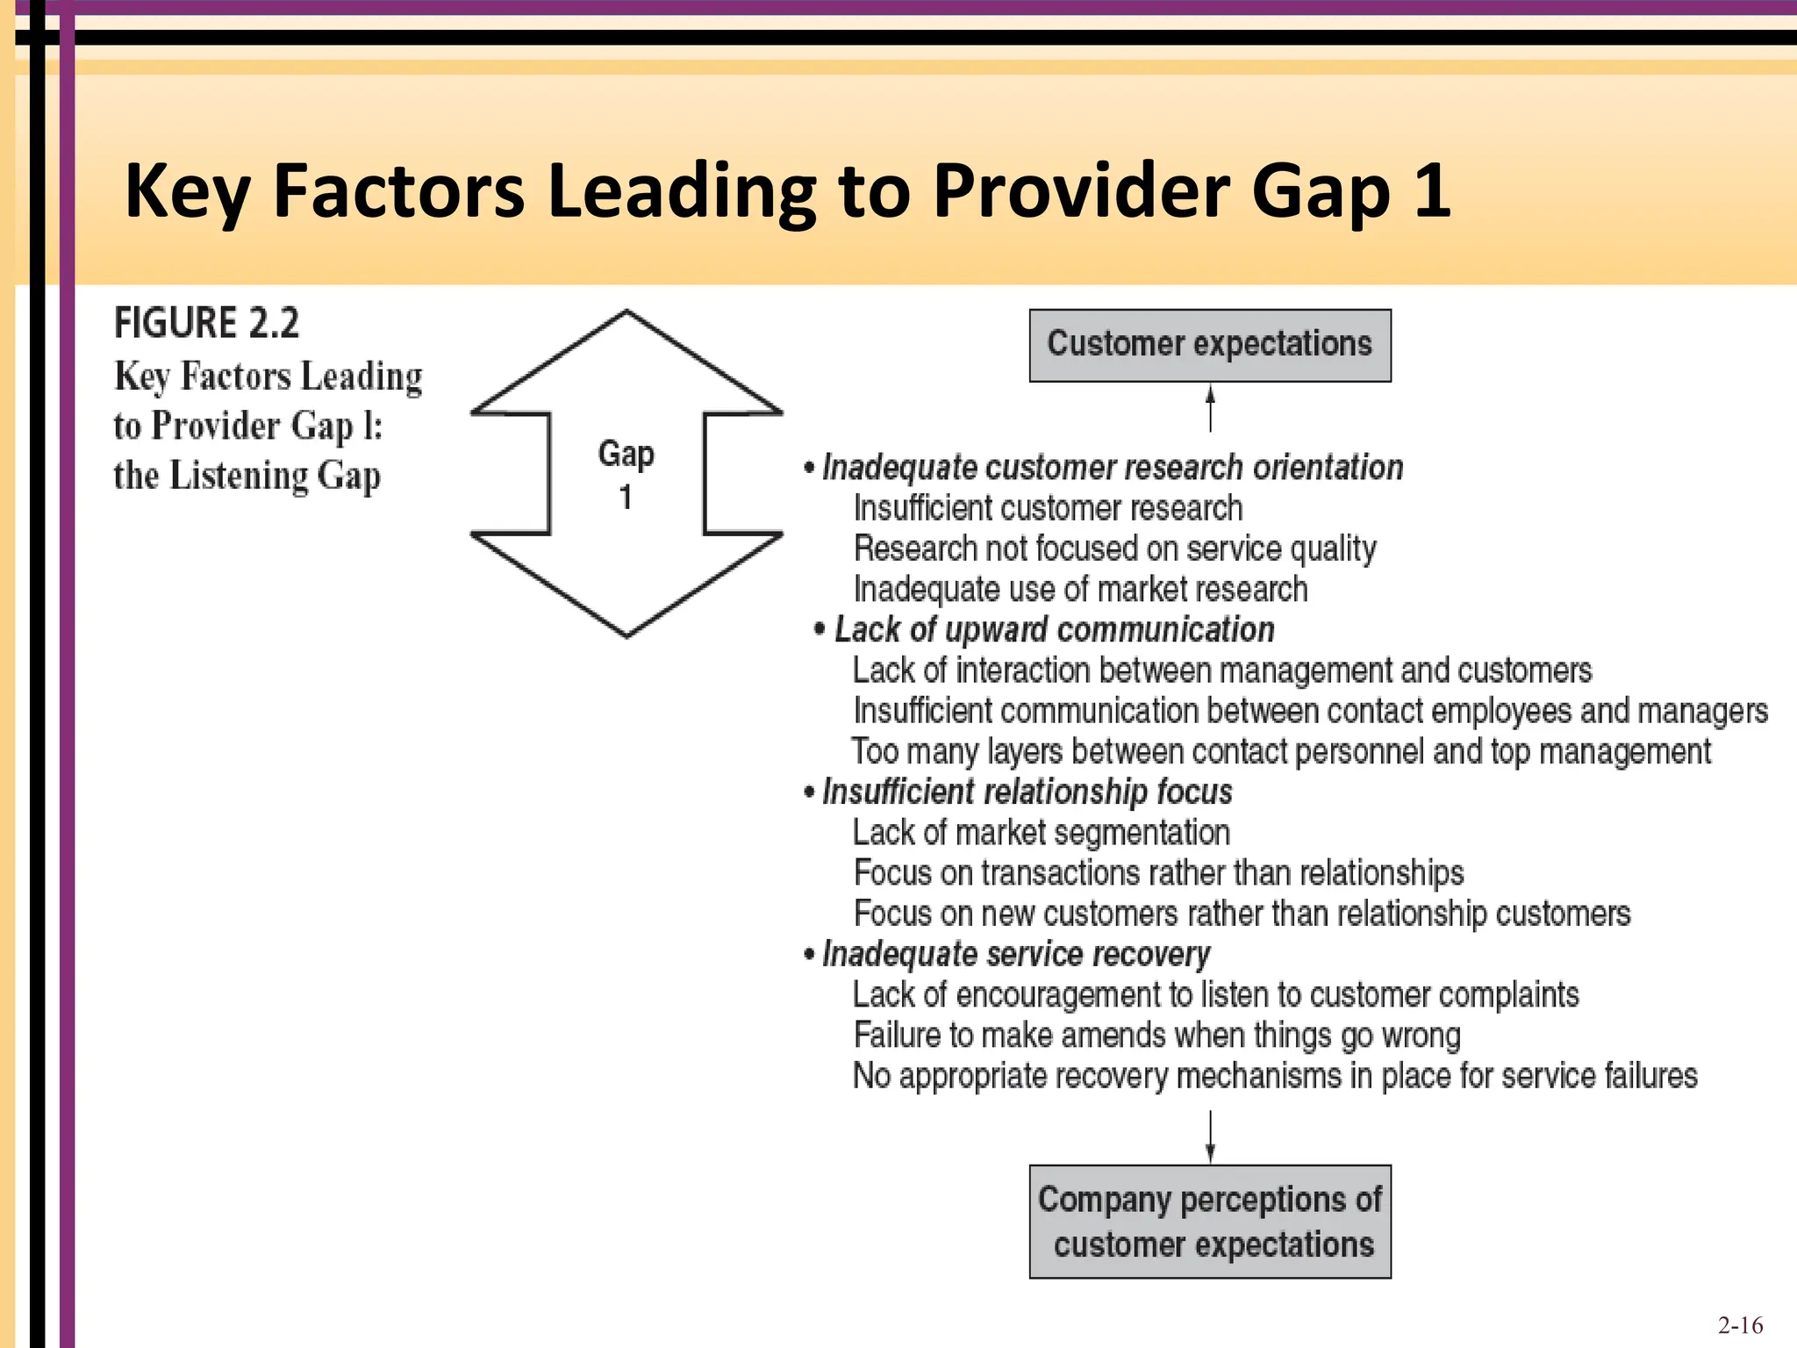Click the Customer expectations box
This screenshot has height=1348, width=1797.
click(x=1209, y=345)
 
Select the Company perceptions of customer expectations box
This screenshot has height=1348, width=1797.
click(x=1209, y=1221)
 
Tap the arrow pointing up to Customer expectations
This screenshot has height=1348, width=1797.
click(x=1210, y=408)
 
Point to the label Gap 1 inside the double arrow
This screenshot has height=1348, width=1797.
click(x=626, y=475)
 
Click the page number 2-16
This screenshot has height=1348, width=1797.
click(x=1740, y=1325)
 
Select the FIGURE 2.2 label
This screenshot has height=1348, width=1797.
click(x=206, y=323)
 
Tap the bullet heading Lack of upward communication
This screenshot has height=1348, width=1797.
click(x=1053, y=630)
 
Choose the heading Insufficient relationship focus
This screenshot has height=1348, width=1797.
click(x=1027, y=792)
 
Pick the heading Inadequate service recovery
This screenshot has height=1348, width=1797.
click(x=1015, y=954)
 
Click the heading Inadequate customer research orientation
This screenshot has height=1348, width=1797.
click(x=1112, y=468)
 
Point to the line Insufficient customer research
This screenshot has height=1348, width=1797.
click(x=1048, y=508)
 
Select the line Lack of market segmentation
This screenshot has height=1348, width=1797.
click(x=1041, y=833)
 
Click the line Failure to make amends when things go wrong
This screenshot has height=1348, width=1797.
click(x=1156, y=1036)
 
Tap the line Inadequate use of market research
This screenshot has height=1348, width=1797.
click(x=1080, y=590)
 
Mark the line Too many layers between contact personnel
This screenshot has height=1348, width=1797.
click(x=1280, y=752)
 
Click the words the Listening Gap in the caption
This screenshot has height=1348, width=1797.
click(x=247, y=476)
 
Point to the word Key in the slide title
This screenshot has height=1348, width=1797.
click(x=187, y=190)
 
